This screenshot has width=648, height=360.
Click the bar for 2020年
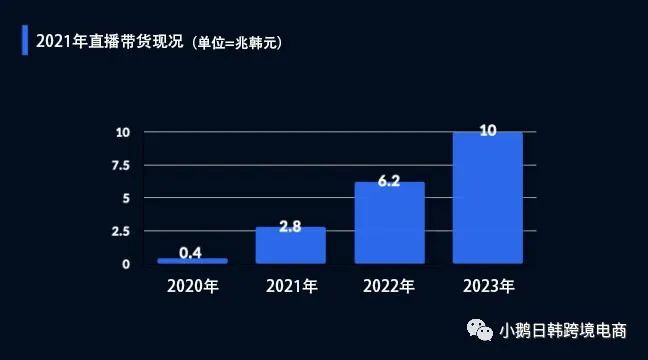click(x=192, y=261)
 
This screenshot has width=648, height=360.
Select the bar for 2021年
click(x=291, y=246)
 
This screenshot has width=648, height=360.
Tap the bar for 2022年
click(x=390, y=223)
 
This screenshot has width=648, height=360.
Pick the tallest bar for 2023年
click(x=488, y=198)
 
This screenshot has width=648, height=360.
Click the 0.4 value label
click(x=192, y=251)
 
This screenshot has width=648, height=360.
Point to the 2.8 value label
click(x=291, y=227)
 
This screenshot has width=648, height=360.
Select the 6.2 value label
click(x=390, y=182)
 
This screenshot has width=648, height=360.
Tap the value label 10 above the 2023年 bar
click(x=488, y=131)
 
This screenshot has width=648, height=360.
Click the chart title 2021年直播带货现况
click(x=108, y=41)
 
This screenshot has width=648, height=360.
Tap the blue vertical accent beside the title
click(x=25, y=41)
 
